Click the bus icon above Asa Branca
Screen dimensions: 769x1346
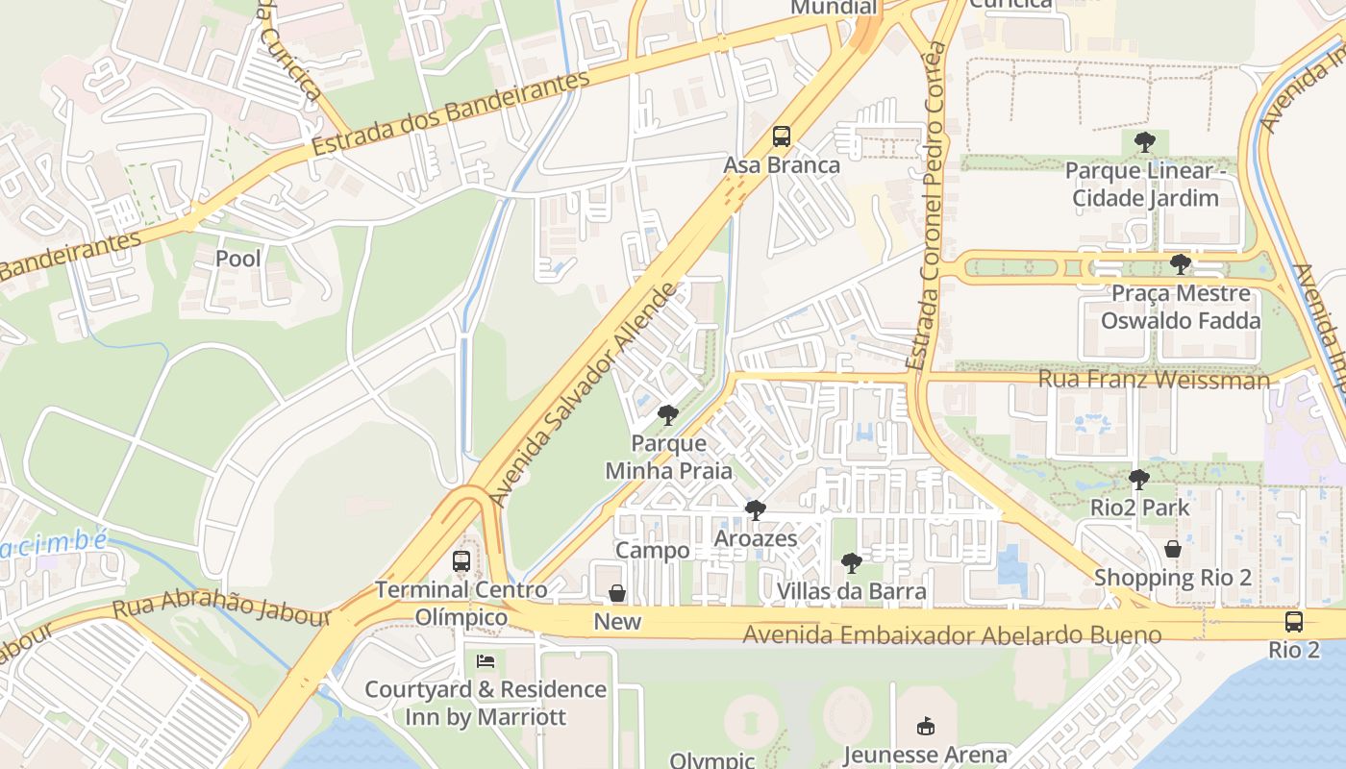click(x=782, y=136)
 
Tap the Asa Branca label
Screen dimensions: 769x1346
click(x=782, y=164)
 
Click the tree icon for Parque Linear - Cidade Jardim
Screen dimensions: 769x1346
click(x=1144, y=143)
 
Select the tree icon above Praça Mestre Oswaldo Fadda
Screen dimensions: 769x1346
click(x=1181, y=264)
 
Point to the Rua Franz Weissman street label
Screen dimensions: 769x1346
click(x=1154, y=380)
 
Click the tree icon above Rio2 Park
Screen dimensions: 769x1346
click(x=1139, y=479)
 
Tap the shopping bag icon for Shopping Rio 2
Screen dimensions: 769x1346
click(x=1173, y=549)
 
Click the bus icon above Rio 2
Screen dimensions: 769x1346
click(x=1294, y=621)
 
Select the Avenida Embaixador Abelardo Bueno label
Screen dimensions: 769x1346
click(x=952, y=634)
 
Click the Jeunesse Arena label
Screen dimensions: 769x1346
click(x=925, y=755)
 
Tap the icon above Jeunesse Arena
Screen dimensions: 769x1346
click(x=925, y=726)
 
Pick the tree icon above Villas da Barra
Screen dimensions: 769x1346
click(x=851, y=563)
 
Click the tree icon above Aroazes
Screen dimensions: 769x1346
click(x=756, y=509)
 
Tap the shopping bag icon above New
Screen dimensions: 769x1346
click(x=617, y=593)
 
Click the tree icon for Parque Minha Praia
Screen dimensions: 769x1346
click(x=667, y=415)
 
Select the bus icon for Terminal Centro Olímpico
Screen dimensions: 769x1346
click(x=461, y=560)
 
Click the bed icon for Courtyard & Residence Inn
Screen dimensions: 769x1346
click(x=486, y=661)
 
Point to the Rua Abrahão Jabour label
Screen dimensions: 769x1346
click(x=222, y=608)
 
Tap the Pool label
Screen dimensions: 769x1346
click(x=237, y=258)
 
